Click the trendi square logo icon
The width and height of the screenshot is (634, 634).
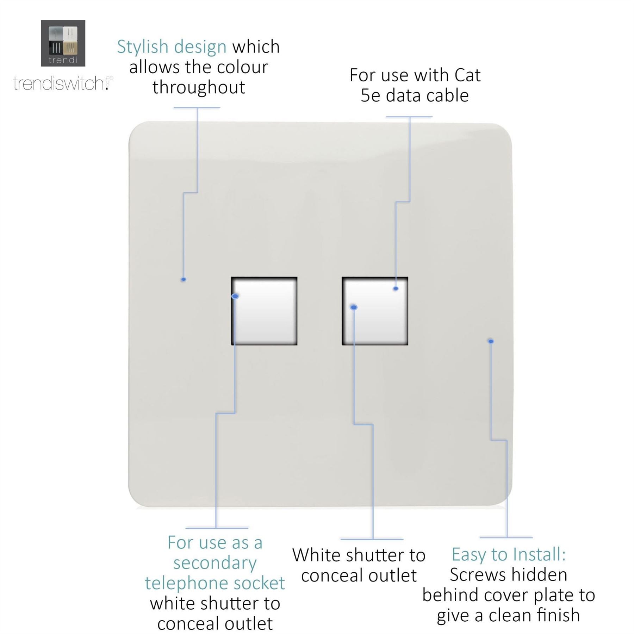click(63, 43)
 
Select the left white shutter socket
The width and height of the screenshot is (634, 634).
click(264, 311)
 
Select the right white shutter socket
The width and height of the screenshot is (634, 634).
click(375, 311)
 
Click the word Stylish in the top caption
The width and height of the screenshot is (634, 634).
click(143, 47)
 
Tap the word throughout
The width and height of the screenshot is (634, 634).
click(199, 87)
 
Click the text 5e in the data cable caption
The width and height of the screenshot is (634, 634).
click(370, 96)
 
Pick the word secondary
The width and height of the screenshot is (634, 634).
click(215, 563)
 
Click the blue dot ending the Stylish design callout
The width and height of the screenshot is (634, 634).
click(184, 280)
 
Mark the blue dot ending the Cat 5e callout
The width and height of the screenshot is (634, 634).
click(396, 288)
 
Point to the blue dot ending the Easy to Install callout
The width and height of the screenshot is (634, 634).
click(491, 341)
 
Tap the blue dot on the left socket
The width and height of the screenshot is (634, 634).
click(235, 296)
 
